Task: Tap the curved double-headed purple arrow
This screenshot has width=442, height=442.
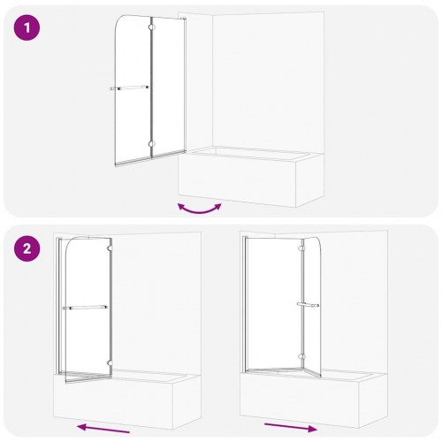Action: coord(199,208)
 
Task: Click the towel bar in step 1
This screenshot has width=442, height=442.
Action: coord(130,88)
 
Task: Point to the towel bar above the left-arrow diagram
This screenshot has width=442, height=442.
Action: coord(85,307)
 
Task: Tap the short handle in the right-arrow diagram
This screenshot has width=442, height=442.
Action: coord(308,304)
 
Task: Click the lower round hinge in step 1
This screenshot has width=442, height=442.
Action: coord(153,144)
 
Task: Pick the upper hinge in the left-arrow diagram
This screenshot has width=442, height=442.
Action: coord(109,250)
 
